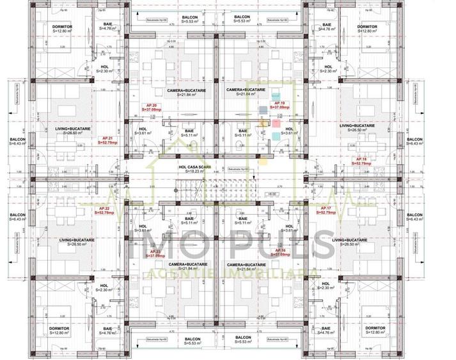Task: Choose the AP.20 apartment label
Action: pyautogui.click(x=152, y=106)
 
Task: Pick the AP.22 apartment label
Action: pyautogui.click(x=104, y=210)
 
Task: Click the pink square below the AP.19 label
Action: pyautogui.click(x=276, y=123)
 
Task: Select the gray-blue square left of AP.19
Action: pyautogui.click(x=263, y=110)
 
